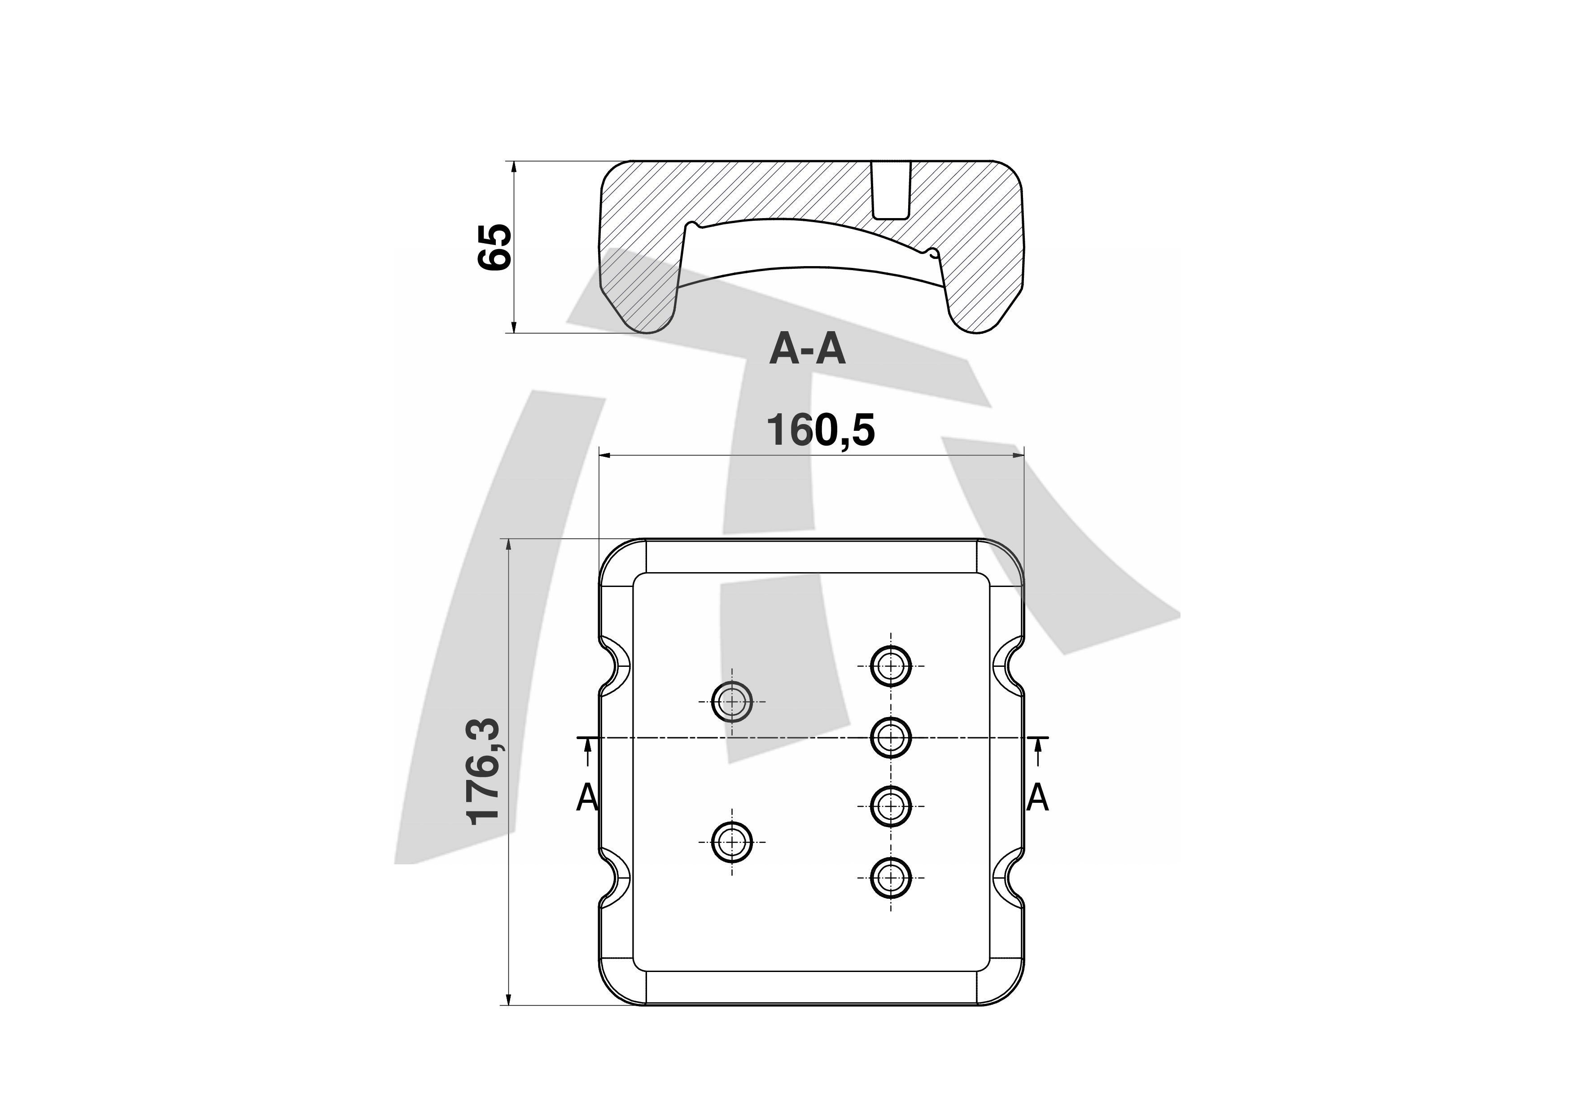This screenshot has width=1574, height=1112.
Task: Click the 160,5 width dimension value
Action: [x=821, y=430]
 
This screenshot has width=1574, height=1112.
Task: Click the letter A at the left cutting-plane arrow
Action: [x=587, y=798]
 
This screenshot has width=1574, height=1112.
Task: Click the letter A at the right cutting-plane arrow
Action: [x=1037, y=798]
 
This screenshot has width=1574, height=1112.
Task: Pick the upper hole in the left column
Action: [x=732, y=701]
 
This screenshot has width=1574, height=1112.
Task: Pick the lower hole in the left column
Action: [x=732, y=841]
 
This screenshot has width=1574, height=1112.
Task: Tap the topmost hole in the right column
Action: [x=891, y=665]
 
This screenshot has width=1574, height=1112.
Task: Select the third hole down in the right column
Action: [x=891, y=806]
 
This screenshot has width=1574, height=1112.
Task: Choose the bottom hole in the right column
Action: [x=891, y=878]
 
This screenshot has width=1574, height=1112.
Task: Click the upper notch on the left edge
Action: [x=615, y=665]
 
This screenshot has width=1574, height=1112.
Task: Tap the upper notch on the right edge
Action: [x=1009, y=665]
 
